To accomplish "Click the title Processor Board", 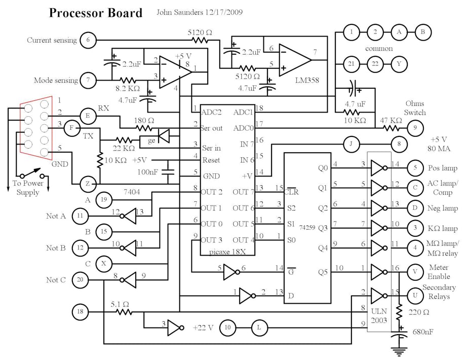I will [x=96, y=13].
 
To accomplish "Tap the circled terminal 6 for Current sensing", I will [x=88, y=40].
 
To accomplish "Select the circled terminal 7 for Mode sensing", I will [x=88, y=80].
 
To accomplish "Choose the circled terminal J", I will [x=351, y=145].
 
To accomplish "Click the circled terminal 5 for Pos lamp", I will [x=415, y=168].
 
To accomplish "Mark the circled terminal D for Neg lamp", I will [x=415, y=208].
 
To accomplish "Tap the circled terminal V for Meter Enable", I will [x=415, y=272].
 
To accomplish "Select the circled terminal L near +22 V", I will [x=259, y=328].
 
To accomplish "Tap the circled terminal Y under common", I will [x=399, y=64].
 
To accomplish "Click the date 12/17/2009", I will [x=219, y=11].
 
